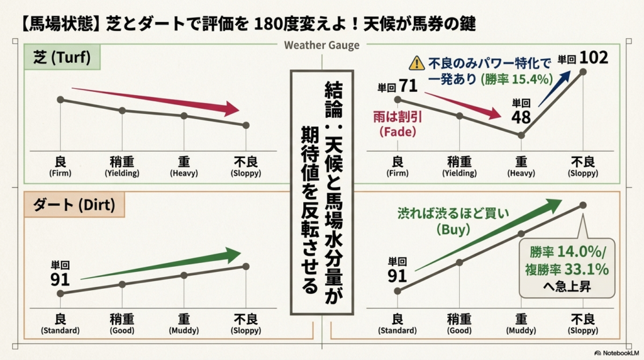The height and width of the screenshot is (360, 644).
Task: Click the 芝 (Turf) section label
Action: coord(62,59)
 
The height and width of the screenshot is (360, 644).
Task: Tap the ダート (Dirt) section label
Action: coord(70,205)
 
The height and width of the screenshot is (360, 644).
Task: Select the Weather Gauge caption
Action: coord(321,45)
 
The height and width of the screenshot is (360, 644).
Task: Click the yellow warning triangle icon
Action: coord(416,63)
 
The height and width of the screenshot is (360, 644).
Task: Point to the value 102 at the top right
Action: coord(594,57)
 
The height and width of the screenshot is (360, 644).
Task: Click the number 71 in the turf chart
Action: coord(408,85)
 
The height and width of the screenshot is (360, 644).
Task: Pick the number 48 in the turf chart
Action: coord(521,116)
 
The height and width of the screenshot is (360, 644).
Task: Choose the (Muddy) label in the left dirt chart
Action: coord(184,330)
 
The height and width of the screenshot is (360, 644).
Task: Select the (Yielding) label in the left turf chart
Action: coord(122,173)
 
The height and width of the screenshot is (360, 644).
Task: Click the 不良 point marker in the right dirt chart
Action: coord(583,205)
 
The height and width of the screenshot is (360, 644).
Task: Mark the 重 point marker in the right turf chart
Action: coord(521,135)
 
